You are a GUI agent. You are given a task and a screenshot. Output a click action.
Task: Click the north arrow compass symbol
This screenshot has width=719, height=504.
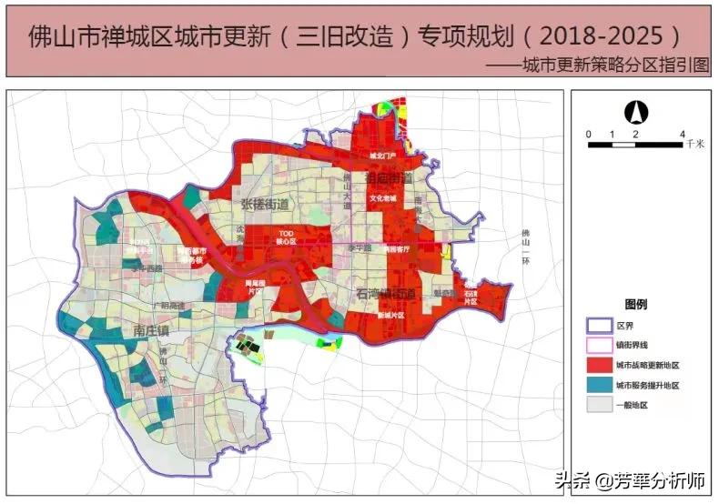point(635,113)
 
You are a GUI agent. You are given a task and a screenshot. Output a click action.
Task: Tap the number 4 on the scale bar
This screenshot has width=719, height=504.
point(682,135)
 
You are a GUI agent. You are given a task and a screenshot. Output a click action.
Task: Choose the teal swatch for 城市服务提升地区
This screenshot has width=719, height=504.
point(598,386)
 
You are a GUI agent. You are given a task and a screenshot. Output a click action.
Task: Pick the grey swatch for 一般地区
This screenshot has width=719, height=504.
point(598,406)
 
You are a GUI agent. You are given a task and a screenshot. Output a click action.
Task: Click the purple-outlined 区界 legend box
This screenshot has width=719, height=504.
point(598,325)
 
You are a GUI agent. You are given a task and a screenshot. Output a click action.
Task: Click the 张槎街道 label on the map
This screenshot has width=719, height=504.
point(264,205)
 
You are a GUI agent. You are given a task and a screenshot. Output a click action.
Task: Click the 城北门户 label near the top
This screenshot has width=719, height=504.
point(382,156)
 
